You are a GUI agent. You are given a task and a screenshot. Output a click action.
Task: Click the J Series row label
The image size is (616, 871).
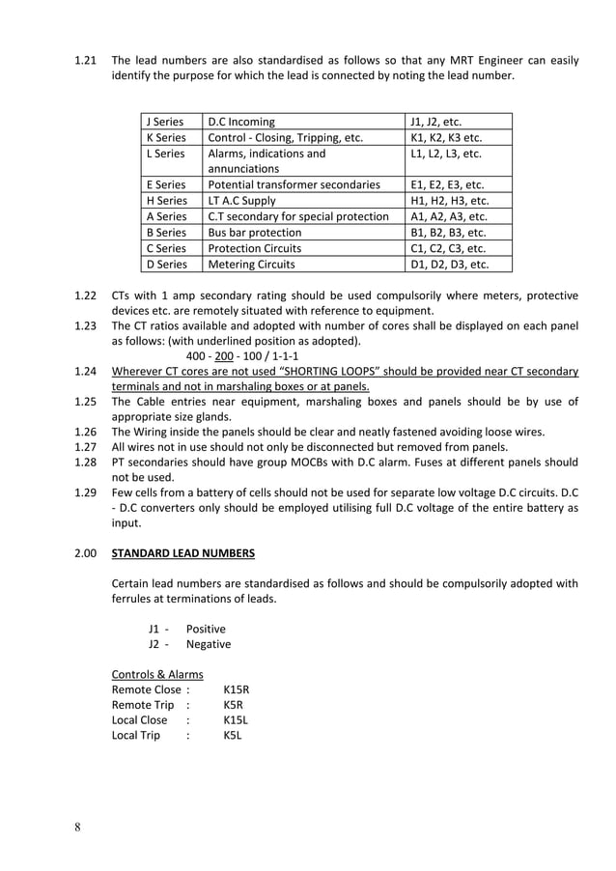click(x=164, y=122)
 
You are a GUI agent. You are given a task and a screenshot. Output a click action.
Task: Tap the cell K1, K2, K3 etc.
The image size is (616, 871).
click(x=446, y=137)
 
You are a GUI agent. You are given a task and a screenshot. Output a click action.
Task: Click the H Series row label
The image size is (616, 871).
click(x=166, y=201)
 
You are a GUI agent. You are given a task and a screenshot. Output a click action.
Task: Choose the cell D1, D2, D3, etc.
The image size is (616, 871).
click(x=449, y=264)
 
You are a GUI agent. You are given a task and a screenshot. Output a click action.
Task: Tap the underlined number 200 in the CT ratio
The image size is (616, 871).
click(x=225, y=356)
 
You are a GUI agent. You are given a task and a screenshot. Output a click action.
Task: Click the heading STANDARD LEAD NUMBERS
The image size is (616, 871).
click(x=182, y=554)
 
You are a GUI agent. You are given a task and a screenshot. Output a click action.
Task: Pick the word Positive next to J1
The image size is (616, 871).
click(x=206, y=629)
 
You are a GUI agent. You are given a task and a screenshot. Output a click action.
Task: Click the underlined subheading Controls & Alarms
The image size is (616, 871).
click(x=157, y=674)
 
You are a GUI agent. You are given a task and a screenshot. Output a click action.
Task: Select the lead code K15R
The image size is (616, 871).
click(x=237, y=689)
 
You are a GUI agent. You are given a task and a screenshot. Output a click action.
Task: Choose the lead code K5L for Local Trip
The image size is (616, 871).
click(x=233, y=736)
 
